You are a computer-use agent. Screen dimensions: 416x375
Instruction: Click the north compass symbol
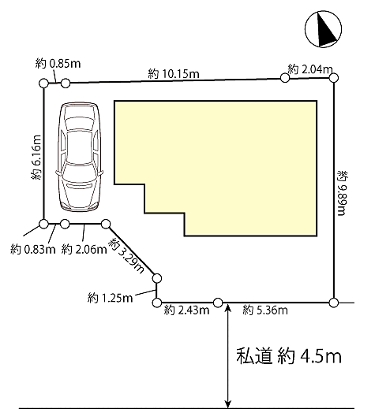pos(323,31)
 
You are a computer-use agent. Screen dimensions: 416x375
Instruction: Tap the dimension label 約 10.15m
pos(174,73)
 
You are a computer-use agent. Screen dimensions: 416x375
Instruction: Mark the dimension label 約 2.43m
pos(186,310)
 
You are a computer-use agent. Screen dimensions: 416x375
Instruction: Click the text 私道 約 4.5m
pos(288,357)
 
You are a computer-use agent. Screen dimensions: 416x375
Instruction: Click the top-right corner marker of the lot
pos(334,77)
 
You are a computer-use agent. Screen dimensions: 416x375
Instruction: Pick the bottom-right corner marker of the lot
pos(334,301)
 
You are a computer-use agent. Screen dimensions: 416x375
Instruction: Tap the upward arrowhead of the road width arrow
pos(228,309)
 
